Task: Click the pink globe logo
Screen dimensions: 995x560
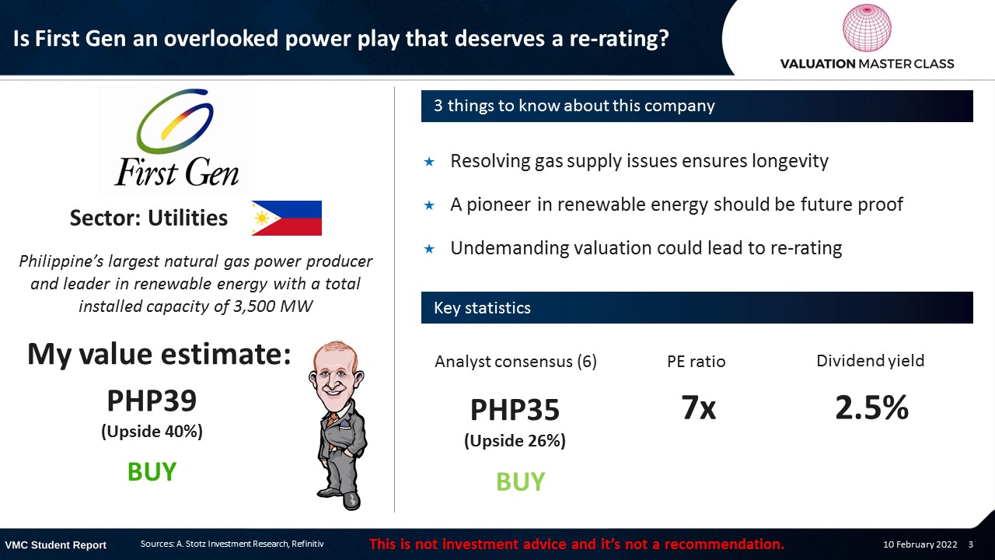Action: [867, 27]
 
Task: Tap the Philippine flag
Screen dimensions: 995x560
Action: [287, 218]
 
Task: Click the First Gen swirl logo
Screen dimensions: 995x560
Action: [175, 121]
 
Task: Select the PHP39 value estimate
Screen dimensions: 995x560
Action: [152, 401]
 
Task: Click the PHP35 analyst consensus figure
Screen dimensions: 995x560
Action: [515, 410]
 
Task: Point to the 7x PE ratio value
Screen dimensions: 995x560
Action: [699, 408]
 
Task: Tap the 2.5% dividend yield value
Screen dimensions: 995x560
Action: [871, 408]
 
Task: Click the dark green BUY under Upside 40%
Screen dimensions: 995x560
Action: [152, 471]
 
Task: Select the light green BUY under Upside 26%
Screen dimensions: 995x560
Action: [520, 481]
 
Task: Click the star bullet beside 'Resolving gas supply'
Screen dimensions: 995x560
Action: [429, 162]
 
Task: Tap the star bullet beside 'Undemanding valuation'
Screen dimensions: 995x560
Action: [429, 249]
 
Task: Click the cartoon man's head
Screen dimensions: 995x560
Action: [337, 373]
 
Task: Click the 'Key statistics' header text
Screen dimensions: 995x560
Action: [482, 307]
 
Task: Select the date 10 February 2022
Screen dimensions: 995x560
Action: [920, 544]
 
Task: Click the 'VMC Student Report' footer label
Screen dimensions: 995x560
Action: [55, 545]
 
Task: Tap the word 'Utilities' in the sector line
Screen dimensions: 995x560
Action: [187, 218]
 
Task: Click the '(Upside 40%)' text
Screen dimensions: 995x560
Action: [152, 432]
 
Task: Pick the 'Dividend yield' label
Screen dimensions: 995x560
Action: [870, 361]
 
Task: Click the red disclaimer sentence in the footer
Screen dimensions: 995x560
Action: [577, 544]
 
